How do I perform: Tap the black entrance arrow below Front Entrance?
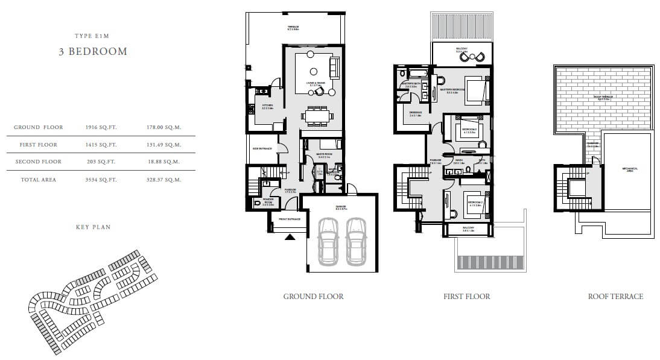(x=290, y=236)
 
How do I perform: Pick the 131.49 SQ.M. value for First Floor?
(x=164, y=145)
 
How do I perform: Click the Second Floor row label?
(x=39, y=162)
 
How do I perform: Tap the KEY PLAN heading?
(x=93, y=227)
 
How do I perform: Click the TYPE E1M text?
(x=93, y=36)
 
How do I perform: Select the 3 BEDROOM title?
(x=93, y=52)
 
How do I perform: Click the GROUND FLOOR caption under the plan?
(x=313, y=297)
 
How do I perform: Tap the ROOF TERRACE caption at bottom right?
(x=615, y=297)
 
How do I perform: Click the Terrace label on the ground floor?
(x=294, y=28)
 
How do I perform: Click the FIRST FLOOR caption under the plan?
(x=467, y=297)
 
